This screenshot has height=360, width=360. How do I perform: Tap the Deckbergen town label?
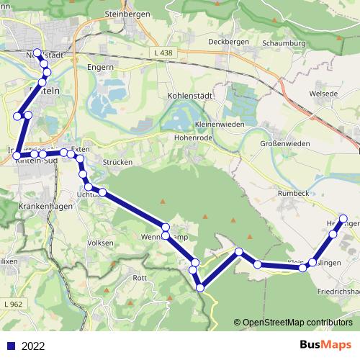coord(228,42)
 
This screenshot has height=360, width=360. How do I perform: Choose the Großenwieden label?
coord(285,143)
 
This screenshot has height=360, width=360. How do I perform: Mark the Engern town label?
coord(101,68)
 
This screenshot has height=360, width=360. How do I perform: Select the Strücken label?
coord(116,163)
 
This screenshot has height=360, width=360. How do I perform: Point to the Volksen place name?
coord(100,243)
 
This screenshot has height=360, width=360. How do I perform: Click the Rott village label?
coord(140,277)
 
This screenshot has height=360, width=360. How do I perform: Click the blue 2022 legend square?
coord(11,346)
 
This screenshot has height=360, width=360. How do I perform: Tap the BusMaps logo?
coord(325,345)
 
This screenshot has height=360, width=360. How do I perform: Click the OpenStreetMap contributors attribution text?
coord(297,323)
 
